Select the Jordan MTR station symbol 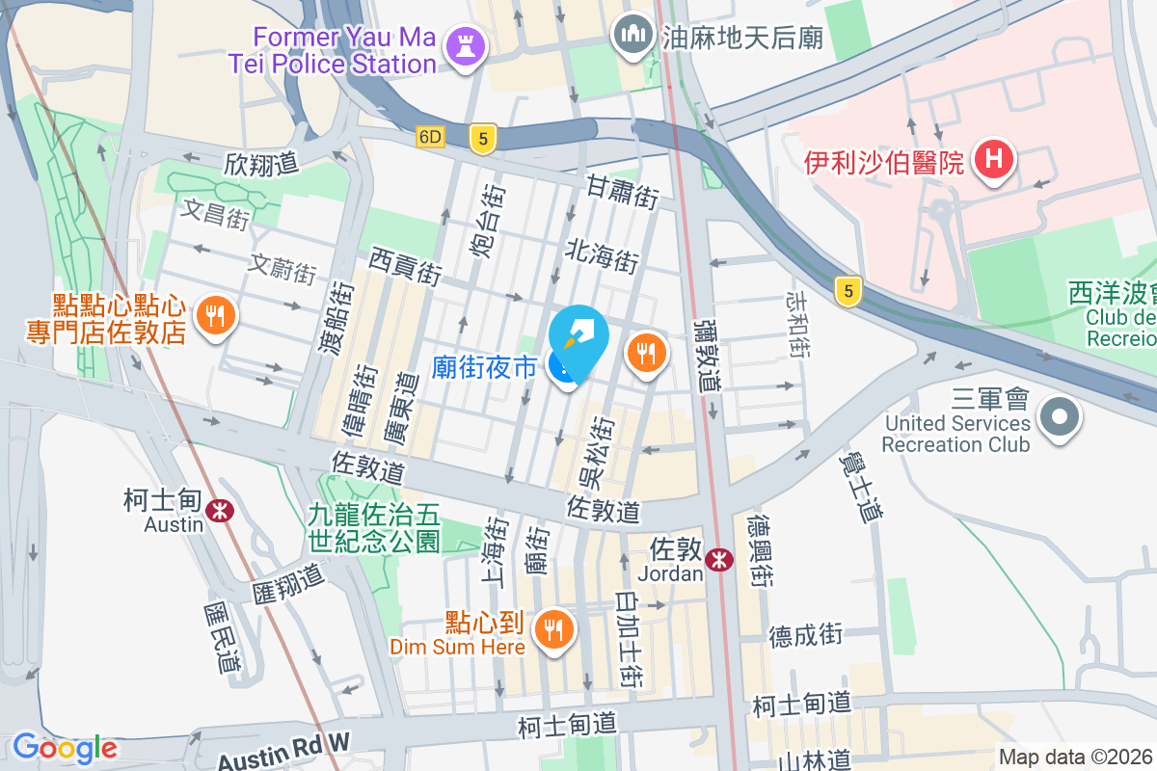[717, 558]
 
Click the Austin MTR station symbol [221, 510]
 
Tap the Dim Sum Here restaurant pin [554, 630]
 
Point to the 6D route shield [430, 137]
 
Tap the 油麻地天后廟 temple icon [632, 36]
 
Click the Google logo [65, 748]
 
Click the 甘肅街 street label [623, 192]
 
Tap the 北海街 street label [602, 255]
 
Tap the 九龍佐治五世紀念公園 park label [374, 528]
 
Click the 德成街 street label [805, 634]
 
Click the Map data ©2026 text [1074, 758]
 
